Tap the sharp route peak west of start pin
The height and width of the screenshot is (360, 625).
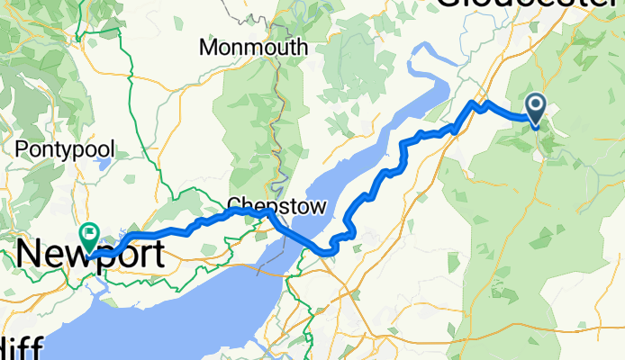472,103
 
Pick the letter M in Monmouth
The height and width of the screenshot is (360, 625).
209,48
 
